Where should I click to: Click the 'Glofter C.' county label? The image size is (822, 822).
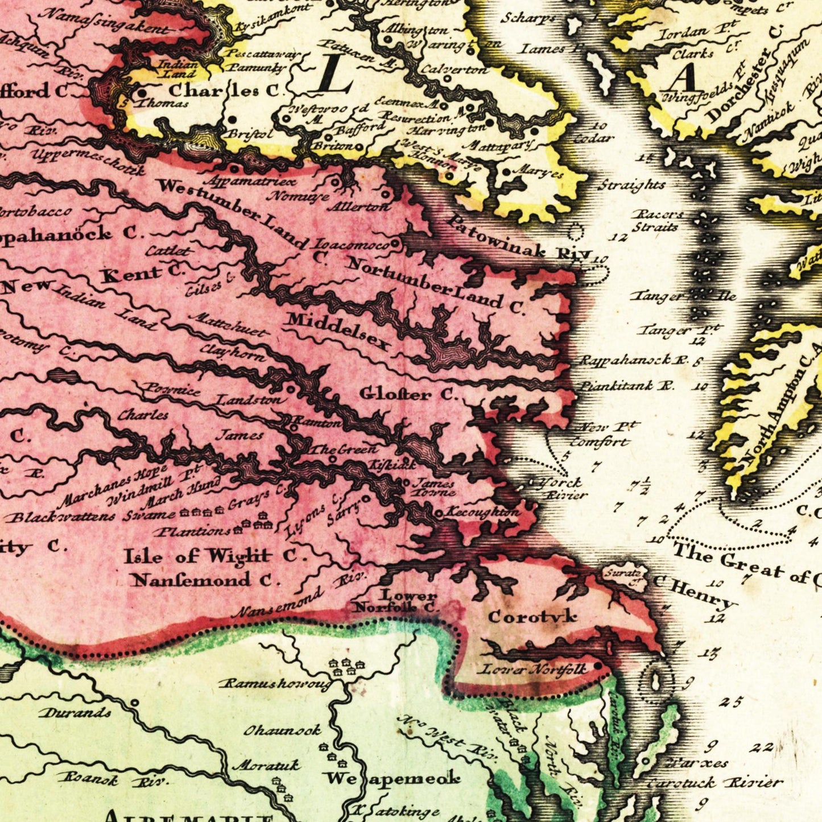[x=408, y=394]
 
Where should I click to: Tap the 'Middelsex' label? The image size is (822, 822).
[x=339, y=331]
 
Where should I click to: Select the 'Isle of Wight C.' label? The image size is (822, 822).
[x=216, y=555]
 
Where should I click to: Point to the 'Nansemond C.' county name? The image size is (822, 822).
[x=205, y=580]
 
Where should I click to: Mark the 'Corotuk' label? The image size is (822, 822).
[x=532, y=616]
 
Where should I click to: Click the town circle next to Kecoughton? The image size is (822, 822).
[x=439, y=513]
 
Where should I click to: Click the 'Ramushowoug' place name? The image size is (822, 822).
[x=275, y=683]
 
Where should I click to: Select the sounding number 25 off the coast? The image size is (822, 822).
[x=730, y=702]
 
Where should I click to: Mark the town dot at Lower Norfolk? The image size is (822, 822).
[x=597, y=666]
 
